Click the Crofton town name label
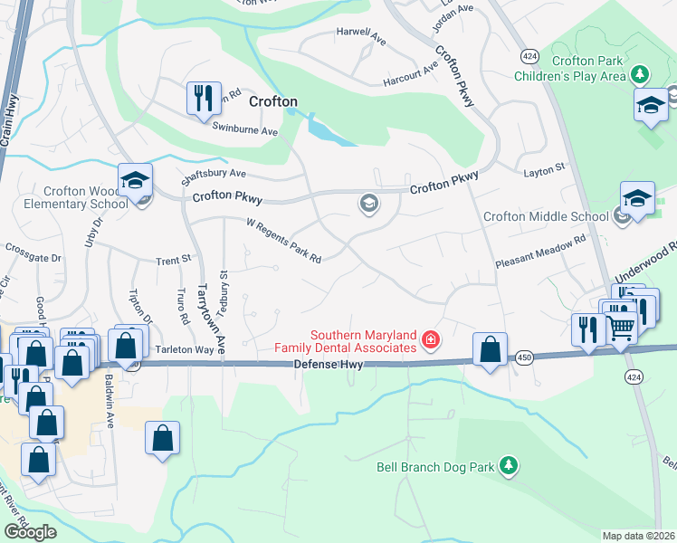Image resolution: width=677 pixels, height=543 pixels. coord(272,101)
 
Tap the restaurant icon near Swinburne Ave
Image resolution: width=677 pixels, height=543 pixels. coord(203,99)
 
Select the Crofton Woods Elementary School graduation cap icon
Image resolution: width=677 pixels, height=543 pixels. coord(135,181)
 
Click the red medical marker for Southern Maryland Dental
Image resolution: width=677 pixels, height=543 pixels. coord(431,340)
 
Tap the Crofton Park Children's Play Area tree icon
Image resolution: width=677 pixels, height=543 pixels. coord(641,72)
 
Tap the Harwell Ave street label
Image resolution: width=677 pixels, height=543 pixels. coord(362,32)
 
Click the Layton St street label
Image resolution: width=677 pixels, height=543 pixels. coord(543,168)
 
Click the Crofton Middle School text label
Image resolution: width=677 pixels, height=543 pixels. coord(546,216)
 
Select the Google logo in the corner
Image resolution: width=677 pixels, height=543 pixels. coord(30,531)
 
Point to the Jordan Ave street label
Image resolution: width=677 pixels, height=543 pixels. coord(453,12)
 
